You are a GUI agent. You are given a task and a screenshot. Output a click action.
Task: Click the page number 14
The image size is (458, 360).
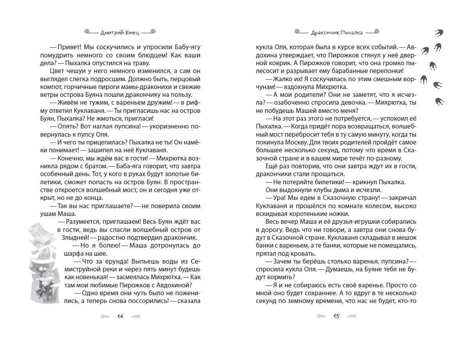120,316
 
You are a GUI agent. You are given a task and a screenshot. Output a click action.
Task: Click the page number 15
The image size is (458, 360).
336,316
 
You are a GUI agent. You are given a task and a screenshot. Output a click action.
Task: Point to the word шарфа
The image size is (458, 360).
81,253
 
